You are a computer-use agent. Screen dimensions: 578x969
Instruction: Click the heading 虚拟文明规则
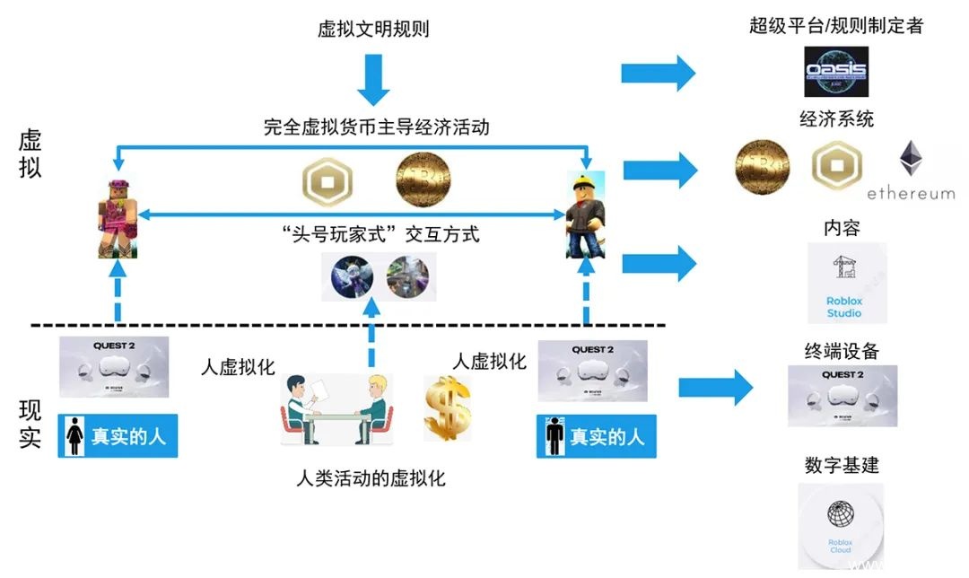pos(373,29)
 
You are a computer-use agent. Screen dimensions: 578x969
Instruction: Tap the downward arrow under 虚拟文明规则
pos(373,82)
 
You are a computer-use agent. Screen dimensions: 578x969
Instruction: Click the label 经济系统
pos(836,118)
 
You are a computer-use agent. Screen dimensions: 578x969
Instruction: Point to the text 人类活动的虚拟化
pos(371,477)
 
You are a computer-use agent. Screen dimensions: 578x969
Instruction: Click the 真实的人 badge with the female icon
pos(118,436)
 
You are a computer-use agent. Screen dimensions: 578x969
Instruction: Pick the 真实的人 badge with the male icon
pos(596,436)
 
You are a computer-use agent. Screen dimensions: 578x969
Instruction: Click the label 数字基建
pos(842,465)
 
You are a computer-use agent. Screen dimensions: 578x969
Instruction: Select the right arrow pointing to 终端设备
pos(714,387)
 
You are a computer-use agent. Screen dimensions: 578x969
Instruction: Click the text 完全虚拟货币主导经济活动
pos(377,127)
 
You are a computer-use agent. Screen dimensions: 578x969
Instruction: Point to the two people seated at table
pos(336,409)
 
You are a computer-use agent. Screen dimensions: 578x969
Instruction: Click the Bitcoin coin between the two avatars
pos(423,179)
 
